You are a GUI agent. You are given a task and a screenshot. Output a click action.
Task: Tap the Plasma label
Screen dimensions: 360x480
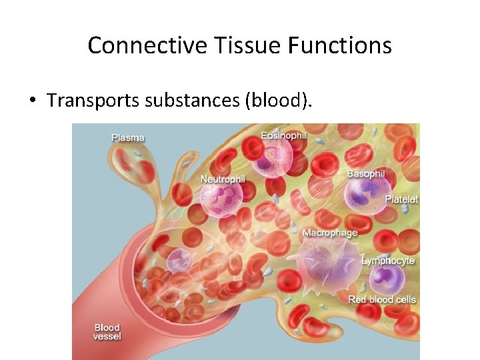pyautogui.click(x=128, y=138)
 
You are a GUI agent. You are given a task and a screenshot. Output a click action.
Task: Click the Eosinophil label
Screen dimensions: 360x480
pyautogui.click(x=284, y=135)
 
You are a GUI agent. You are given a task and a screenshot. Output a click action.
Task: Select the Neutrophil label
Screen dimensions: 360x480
pyautogui.click(x=223, y=179)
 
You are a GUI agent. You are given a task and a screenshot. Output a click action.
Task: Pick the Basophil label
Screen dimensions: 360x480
pyautogui.click(x=366, y=174)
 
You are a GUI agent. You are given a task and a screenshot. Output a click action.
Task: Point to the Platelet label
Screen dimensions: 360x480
pyautogui.click(x=401, y=199)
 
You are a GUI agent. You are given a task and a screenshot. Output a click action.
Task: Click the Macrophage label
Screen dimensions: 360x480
pyautogui.click(x=329, y=233)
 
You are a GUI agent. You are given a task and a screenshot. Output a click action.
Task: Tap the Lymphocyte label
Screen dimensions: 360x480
pyautogui.click(x=387, y=261)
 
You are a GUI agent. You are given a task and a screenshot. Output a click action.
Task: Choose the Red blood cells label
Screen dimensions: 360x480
pyautogui.click(x=382, y=299)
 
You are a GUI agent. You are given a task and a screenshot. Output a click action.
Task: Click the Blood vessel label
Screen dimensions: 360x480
pyautogui.click(x=107, y=332)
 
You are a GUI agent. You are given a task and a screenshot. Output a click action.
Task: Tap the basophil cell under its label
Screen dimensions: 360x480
pyautogui.click(x=364, y=194)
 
